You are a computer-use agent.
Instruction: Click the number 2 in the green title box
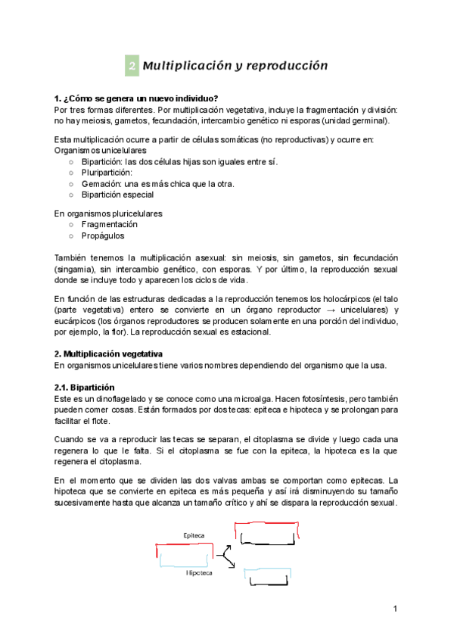coord(132,66)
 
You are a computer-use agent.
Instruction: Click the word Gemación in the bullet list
coord(100,183)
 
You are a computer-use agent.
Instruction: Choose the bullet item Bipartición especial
coord(117,194)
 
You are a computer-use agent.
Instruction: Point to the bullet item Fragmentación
coord(110,225)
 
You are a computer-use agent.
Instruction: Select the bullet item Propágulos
coord(103,235)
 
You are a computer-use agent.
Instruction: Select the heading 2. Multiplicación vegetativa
coord(108,354)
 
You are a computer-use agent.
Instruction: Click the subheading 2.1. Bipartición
coord(84,387)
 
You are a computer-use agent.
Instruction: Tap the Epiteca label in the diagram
coord(194,534)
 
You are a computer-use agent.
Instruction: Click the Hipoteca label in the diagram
coord(199,573)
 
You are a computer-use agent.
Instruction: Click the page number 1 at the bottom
coord(395,609)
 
